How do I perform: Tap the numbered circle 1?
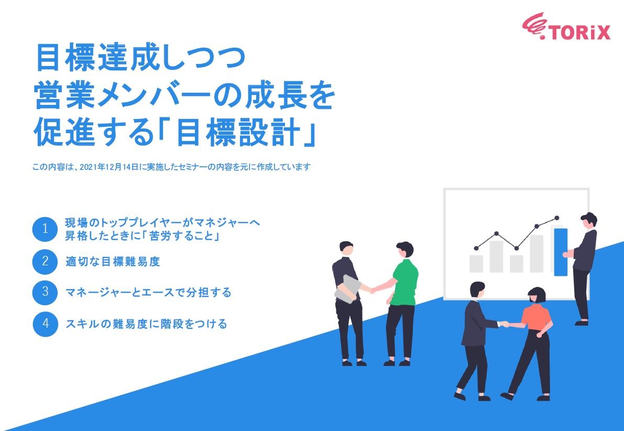45,229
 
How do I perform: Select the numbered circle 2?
45,261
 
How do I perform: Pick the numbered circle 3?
45,292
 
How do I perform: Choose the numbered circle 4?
45,324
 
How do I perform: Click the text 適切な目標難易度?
113,261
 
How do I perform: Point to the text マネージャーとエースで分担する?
148,292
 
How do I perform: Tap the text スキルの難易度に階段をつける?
146,324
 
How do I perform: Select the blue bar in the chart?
561,252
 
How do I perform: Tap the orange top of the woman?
536,316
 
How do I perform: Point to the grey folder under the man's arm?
347,288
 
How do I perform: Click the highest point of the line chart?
556,218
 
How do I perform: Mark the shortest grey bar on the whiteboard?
517,263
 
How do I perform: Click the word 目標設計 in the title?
240,134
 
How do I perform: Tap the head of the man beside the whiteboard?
589,220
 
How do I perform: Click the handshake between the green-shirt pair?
373,289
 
